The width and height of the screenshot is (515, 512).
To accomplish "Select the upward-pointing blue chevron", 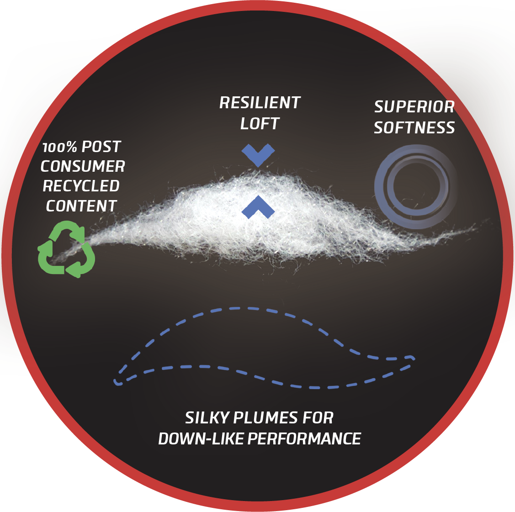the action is point(258,206).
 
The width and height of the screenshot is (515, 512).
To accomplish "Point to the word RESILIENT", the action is point(260,103).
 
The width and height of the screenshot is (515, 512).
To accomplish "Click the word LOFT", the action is point(260,123).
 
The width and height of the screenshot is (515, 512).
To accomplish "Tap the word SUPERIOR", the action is point(414,107).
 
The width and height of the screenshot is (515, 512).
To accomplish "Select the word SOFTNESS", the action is point(414,128).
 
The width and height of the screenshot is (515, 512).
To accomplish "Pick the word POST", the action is point(101,147).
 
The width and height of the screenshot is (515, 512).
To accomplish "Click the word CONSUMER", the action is point(83,166).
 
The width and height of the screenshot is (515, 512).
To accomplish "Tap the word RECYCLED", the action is point(81,186).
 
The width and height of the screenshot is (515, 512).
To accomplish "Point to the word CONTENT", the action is point(81,206).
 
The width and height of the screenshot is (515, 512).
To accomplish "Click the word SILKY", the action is point(207,418).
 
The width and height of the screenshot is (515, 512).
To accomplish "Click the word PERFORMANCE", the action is point(304,439).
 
